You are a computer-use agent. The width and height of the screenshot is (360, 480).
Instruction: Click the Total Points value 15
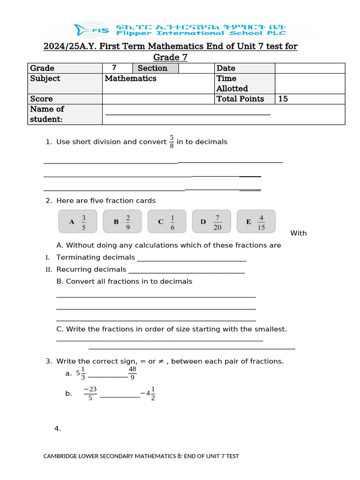[283, 99]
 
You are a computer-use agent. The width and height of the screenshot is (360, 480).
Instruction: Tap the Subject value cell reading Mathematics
[130, 79]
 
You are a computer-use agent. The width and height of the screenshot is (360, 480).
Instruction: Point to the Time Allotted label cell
[232, 83]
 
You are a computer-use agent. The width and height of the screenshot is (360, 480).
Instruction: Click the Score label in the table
[41, 99]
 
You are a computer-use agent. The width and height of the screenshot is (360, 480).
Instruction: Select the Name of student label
[47, 114]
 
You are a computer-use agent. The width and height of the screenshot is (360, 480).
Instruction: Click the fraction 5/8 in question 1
[172, 142]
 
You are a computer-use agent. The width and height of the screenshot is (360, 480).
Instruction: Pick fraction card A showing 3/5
[78, 222]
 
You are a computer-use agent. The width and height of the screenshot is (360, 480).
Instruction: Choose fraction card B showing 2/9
[122, 222]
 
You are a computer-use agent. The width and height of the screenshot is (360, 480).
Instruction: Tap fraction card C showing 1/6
[166, 222]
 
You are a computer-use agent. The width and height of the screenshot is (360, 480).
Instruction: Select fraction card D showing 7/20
[211, 222]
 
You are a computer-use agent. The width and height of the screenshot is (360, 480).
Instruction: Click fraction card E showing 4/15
[256, 222]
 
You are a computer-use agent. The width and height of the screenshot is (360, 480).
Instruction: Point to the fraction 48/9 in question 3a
[132, 374]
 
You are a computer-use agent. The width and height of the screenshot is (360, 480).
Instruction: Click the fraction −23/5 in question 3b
[90, 393]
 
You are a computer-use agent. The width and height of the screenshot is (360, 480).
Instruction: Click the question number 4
[58, 428]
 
